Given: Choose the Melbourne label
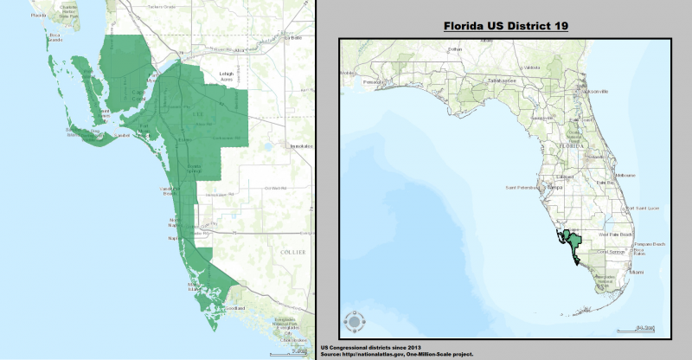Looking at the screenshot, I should pos(625,176).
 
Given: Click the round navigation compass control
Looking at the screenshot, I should pos(354,322).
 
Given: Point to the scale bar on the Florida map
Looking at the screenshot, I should pos(642,328).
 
